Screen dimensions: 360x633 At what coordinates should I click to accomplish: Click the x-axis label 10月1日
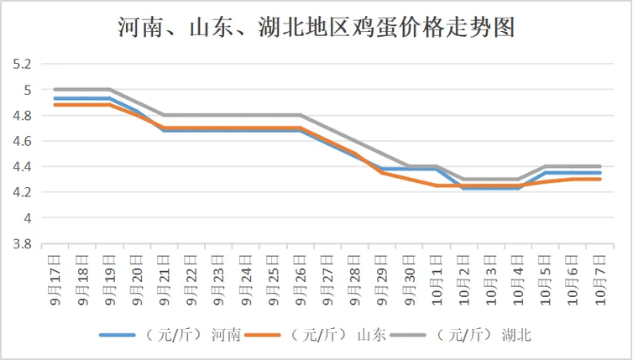tap(437, 277)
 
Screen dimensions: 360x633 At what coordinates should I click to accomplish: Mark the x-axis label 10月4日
tap(518, 277)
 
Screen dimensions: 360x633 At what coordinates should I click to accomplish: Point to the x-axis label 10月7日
tap(599, 277)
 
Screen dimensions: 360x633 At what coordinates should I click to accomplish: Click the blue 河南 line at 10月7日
tap(599, 173)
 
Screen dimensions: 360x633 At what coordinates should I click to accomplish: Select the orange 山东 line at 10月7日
tap(599, 180)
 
